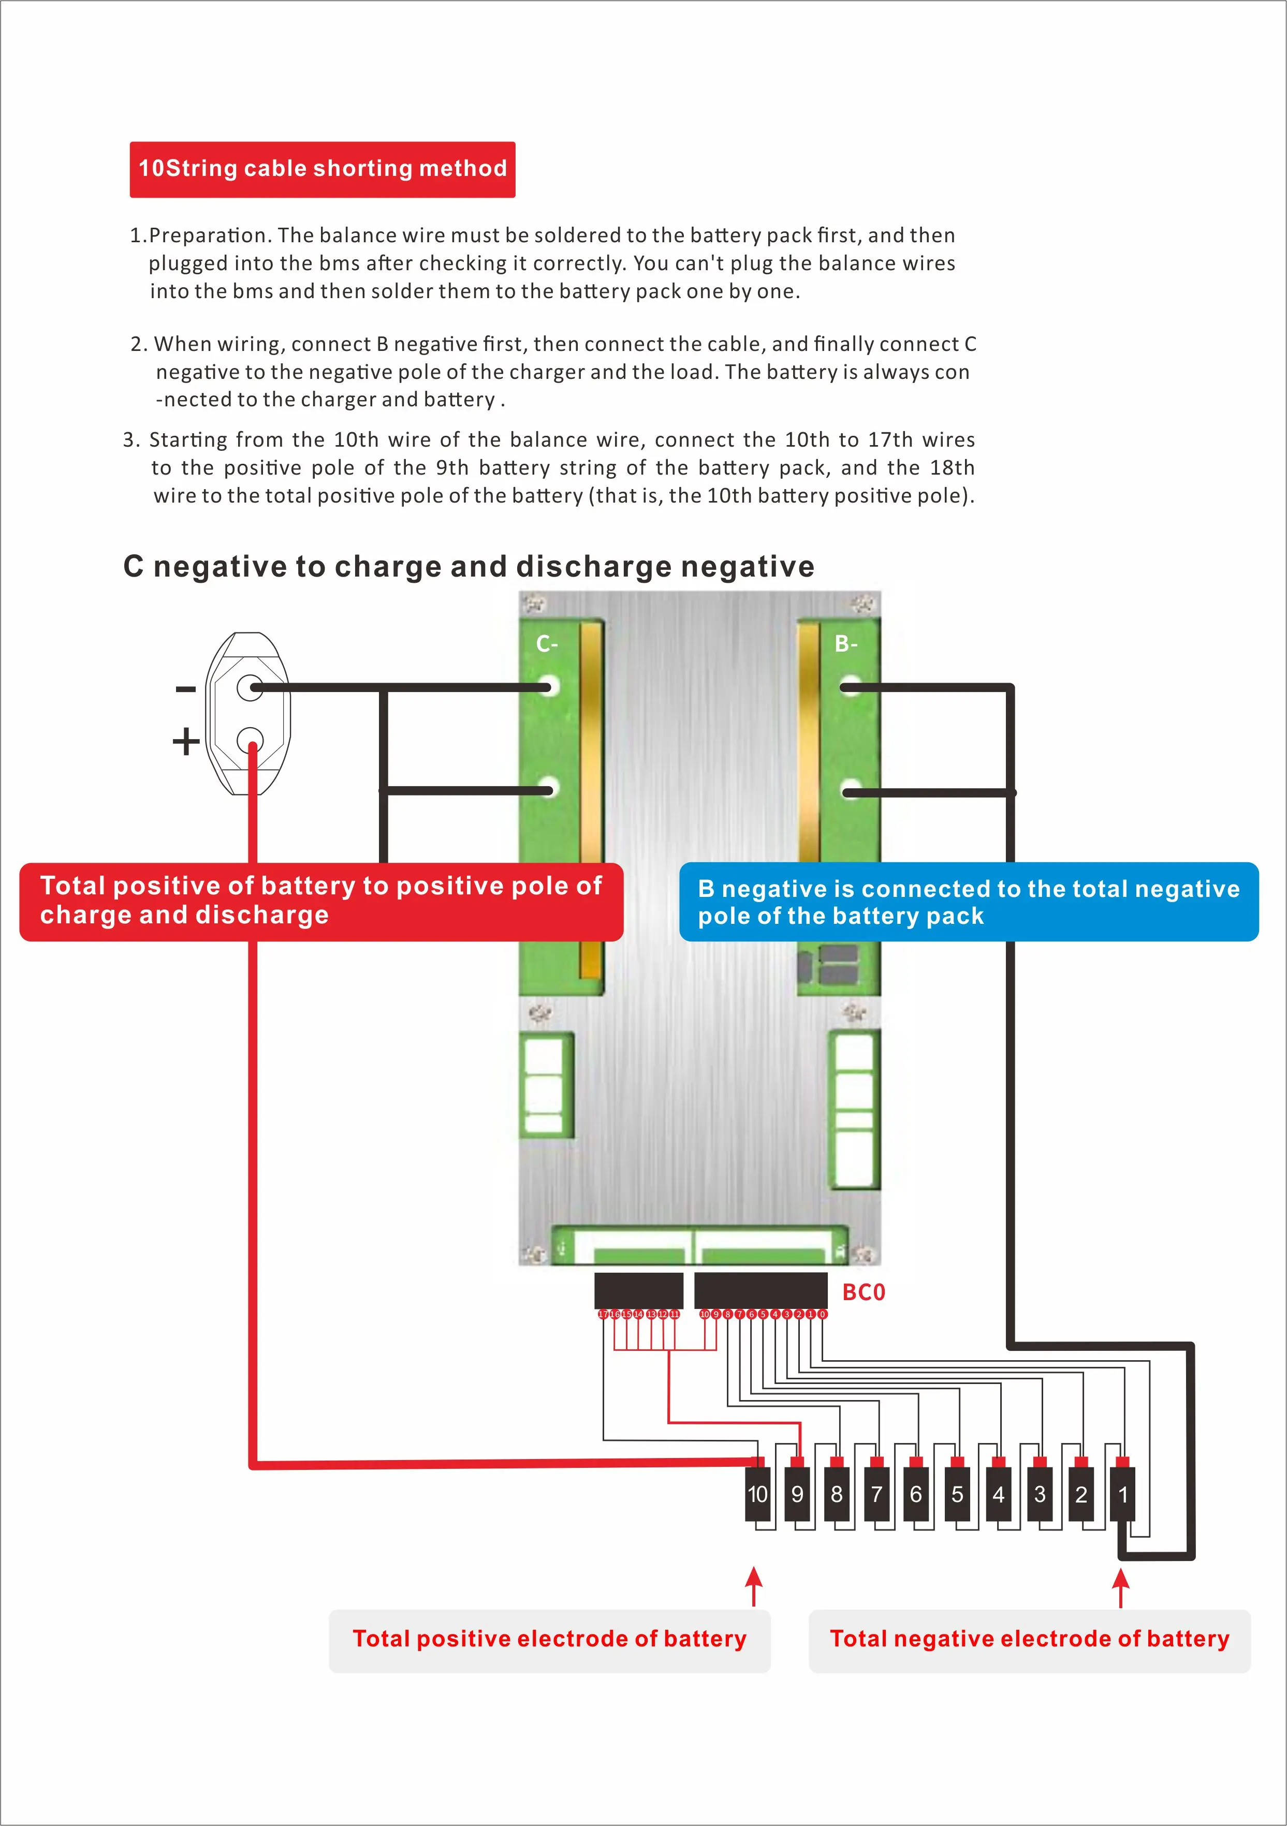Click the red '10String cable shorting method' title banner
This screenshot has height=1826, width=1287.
pyautogui.click(x=322, y=169)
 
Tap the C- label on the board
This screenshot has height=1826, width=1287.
pyautogui.click(x=547, y=643)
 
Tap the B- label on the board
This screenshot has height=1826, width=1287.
pyautogui.click(x=845, y=643)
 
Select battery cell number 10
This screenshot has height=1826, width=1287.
pyautogui.click(x=757, y=1494)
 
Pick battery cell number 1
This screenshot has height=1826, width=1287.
pyautogui.click(x=1122, y=1494)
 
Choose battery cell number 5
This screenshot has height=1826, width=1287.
pyautogui.click(x=957, y=1494)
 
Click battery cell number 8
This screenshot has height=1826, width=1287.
pyautogui.click(x=836, y=1494)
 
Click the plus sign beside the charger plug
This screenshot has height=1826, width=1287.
pyautogui.click(x=185, y=741)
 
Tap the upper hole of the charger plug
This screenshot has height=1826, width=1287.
pyautogui.click(x=250, y=687)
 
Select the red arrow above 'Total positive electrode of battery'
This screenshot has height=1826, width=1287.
pyautogui.click(x=754, y=1586)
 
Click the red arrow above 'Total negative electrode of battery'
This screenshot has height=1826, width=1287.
pyautogui.click(x=1121, y=1586)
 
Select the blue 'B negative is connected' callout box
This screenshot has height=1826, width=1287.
pyautogui.click(x=968, y=902)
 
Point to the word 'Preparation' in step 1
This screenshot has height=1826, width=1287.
pyautogui.click(x=210, y=235)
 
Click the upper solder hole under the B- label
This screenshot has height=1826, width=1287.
pyautogui.click(x=850, y=686)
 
